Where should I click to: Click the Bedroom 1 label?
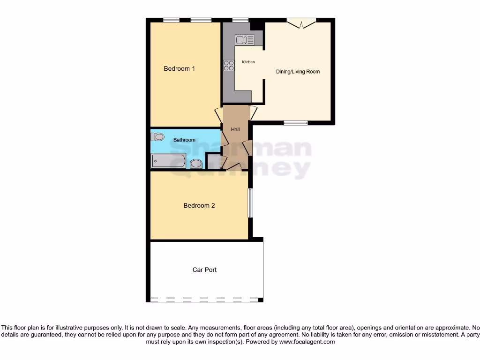[179, 68]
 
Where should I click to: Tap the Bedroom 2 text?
[199, 205]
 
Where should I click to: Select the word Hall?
[235, 129]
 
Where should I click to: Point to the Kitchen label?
[248, 62]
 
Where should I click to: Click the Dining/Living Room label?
[298, 72]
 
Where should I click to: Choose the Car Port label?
[204, 270]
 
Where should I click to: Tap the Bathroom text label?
[184, 140]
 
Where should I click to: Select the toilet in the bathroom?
[157, 137]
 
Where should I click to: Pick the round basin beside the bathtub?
[196, 164]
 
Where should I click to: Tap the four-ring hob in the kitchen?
[229, 66]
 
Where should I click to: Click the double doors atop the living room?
[301, 22]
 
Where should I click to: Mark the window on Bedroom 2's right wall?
[250, 202]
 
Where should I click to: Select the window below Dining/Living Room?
[296, 123]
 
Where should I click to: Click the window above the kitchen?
[240, 20]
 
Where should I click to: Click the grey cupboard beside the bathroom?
[213, 161]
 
